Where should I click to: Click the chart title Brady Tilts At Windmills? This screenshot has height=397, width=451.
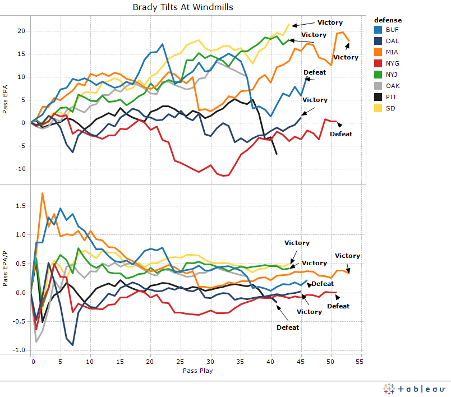pos(183,7)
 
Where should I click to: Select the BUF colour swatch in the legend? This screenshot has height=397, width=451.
pos(378,29)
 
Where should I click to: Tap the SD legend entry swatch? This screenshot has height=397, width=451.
pos(378,108)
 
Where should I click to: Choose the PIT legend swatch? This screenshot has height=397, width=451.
pos(378,97)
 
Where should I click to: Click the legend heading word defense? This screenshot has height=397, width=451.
pos(388,20)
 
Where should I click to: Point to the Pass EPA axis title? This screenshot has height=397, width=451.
pos(6,99)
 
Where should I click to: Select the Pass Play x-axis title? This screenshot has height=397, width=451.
pos(197,371)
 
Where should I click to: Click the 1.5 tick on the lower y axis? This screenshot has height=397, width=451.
pos(21,206)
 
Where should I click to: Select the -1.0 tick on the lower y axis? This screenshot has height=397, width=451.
pos(20,350)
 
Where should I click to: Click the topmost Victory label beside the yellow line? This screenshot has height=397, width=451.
pos(330,22)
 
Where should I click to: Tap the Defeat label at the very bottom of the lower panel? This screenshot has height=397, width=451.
pos(288,327)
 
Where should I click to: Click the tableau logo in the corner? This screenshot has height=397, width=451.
pos(415,388)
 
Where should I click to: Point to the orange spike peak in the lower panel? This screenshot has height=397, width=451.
pos(43,193)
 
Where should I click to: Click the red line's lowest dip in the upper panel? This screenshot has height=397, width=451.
pos(226,176)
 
